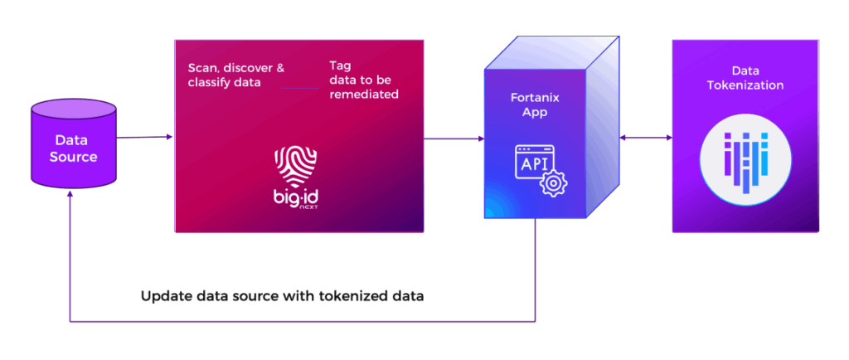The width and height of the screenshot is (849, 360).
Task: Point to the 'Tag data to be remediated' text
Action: (363, 80)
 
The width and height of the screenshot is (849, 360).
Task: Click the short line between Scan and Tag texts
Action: (298, 89)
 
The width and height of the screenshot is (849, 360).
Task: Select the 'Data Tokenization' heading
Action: (745, 78)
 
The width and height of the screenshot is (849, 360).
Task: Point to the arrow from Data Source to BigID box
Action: (145, 138)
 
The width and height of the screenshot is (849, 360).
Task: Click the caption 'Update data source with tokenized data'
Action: (282, 296)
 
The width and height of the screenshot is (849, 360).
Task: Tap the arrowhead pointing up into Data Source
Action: (71, 193)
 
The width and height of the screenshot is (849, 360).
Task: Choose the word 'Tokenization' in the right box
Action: (745, 85)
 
